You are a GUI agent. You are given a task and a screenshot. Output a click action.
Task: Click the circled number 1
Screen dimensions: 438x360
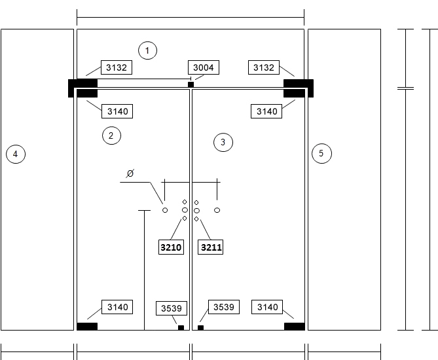click(x=147, y=50)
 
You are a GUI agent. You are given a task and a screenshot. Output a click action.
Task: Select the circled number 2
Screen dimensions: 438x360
click(x=111, y=135)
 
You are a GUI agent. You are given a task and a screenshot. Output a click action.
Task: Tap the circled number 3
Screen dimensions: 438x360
click(x=223, y=143)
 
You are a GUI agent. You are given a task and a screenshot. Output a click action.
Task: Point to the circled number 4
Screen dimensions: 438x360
click(x=16, y=154)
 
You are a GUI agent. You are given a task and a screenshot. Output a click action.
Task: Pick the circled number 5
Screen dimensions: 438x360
click(x=321, y=153)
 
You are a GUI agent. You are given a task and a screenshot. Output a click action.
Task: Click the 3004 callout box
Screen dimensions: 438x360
click(x=204, y=67)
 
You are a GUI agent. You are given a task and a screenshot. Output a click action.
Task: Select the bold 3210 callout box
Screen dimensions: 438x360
click(x=172, y=247)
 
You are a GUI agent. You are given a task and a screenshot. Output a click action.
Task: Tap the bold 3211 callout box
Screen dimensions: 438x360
click(x=211, y=247)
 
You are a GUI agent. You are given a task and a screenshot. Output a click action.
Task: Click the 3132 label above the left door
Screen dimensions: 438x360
click(x=117, y=67)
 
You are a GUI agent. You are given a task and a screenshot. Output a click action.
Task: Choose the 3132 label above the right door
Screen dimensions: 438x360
click(x=264, y=67)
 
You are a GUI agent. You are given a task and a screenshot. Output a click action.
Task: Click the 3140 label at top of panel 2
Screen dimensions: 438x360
click(x=117, y=111)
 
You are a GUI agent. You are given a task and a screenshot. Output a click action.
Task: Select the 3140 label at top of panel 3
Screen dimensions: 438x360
click(x=266, y=111)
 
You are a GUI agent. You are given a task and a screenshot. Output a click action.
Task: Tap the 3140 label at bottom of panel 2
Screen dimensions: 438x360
click(x=117, y=307)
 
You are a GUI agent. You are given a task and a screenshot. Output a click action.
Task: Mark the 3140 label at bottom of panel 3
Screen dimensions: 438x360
click(x=267, y=307)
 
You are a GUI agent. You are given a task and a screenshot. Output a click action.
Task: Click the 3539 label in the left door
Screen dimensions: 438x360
click(x=172, y=308)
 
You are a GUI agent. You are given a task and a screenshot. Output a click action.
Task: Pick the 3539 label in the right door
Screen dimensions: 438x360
click(x=224, y=307)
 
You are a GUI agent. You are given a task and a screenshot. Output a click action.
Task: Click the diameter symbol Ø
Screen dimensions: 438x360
click(x=130, y=173)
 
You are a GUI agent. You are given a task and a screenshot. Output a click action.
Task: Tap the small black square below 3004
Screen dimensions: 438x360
click(x=191, y=84)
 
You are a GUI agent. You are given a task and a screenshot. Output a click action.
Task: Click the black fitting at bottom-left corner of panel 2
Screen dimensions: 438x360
click(x=87, y=326)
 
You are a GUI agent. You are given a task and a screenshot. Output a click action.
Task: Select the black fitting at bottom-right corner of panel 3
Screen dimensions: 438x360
click(x=295, y=326)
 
